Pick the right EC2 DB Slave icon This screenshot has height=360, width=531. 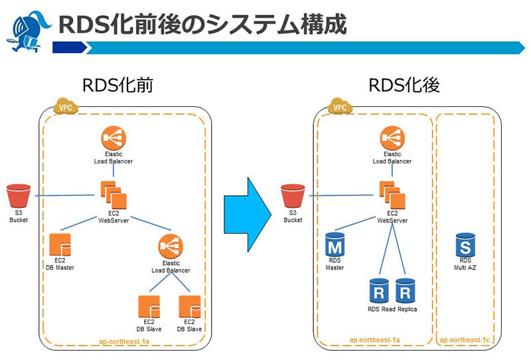click(x=190, y=306)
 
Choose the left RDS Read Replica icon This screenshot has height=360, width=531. click(x=379, y=291)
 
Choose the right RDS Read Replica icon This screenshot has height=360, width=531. click(x=406, y=291)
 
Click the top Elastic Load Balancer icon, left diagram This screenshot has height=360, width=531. click(x=114, y=138)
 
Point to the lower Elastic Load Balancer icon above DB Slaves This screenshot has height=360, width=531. click(x=171, y=248)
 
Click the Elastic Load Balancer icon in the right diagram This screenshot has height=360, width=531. click(x=392, y=138)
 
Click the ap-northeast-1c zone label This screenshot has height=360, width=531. click(x=465, y=340)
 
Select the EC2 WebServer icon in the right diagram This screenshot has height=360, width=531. click(x=392, y=193)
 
